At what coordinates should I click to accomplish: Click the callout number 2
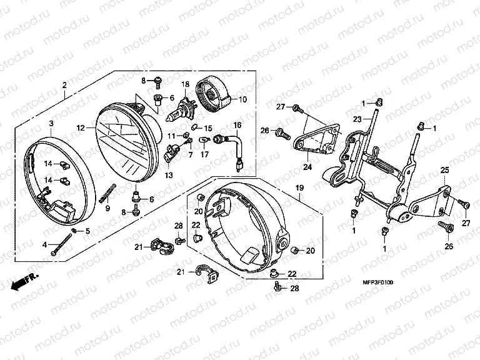[x=64, y=86]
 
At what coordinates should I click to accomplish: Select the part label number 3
[x=51, y=123]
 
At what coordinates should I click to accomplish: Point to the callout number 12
[x=80, y=128]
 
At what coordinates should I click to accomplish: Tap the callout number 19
[x=299, y=187]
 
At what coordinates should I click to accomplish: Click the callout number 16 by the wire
[x=237, y=125]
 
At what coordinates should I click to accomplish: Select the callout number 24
[x=307, y=167]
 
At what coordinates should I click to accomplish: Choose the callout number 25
[x=444, y=170]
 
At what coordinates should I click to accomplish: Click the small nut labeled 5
[x=74, y=231]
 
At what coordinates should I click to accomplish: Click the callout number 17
[x=204, y=154]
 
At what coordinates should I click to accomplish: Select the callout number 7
[x=172, y=154]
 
